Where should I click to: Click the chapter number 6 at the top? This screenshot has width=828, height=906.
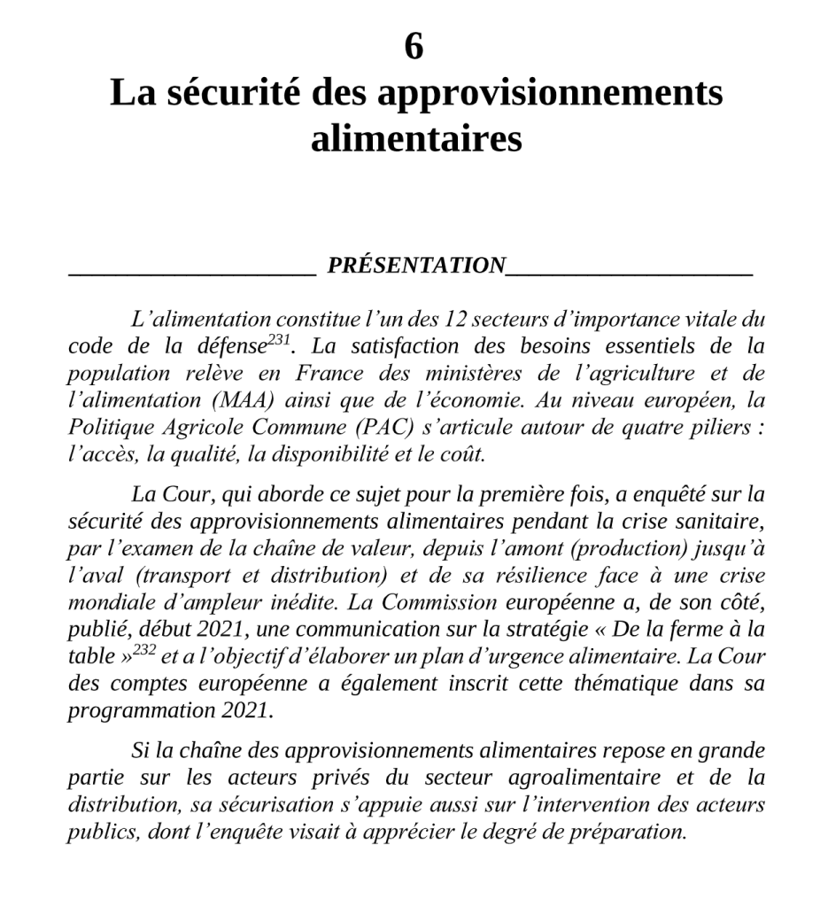click(x=414, y=47)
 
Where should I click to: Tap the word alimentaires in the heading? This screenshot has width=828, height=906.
click(x=415, y=138)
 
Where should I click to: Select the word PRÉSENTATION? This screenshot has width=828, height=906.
click(x=415, y=265)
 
